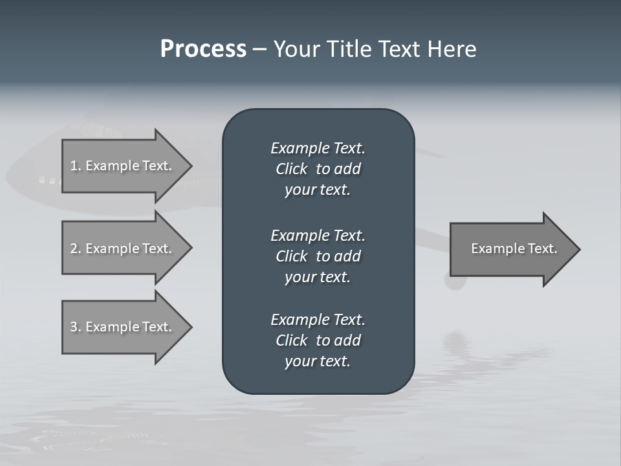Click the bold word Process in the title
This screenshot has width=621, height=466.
(x=203, y=49)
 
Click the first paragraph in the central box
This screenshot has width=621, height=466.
(x=318, y=169)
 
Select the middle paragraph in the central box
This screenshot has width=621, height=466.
(x=318, y=256)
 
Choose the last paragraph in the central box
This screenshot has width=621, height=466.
(x=318, y=340)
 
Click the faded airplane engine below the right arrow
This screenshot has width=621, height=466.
(x=457, y=282)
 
